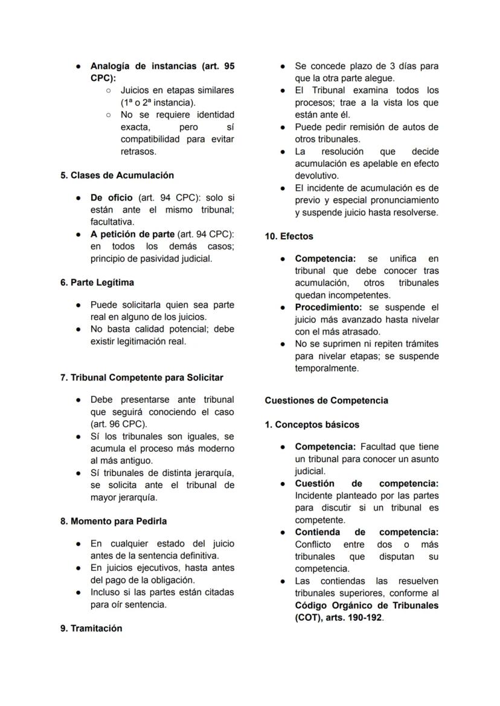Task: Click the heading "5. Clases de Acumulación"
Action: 117,175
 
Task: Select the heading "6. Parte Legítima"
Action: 97,283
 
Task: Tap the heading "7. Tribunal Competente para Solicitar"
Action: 141,377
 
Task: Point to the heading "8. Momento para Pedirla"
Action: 114,521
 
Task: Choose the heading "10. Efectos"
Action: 289,236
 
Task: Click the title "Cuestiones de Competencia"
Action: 326,400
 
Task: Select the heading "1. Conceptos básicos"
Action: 312,425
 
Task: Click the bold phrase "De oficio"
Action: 111,197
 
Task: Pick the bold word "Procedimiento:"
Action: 327,307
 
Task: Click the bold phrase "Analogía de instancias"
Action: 143,66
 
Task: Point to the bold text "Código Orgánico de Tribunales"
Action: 367,605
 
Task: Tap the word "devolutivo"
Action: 316,176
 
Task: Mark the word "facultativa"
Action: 112,222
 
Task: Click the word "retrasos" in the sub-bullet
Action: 138,151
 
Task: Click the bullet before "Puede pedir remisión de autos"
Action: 283,127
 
